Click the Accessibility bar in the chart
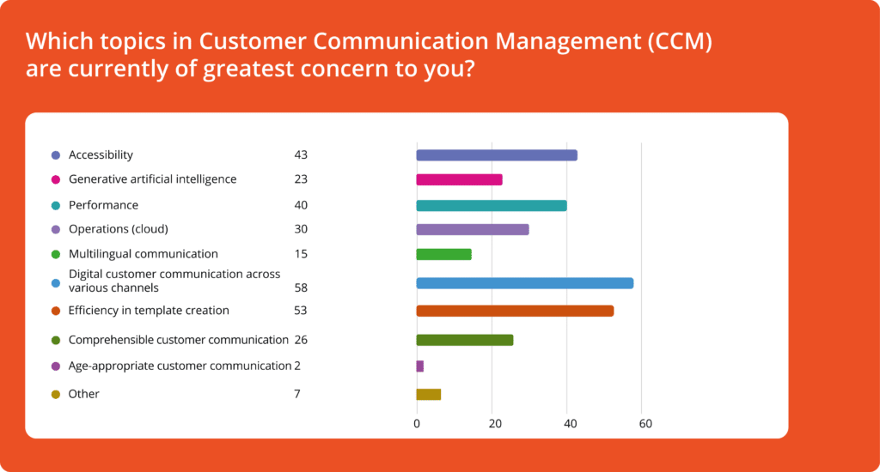click(497, 155)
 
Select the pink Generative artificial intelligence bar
click(459, 180)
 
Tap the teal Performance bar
click(492, 206)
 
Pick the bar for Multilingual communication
click(444, 255)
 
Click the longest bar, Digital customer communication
click(525, 283)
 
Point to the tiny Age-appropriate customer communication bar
click(419, 366)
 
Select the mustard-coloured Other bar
click(428, 394)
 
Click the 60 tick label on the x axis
click(645, 424)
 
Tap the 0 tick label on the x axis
click(417, 424)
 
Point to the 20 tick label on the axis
click(495, 424)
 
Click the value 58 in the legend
click(301, 287)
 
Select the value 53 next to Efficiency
click(300, 311)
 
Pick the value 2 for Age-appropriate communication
click(297, 366)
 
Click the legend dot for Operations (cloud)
click(56, 230)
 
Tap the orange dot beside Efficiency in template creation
click(56, 312)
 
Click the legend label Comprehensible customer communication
click(179, 340)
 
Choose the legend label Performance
click(103, 205)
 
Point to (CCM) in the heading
click(680, 41)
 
